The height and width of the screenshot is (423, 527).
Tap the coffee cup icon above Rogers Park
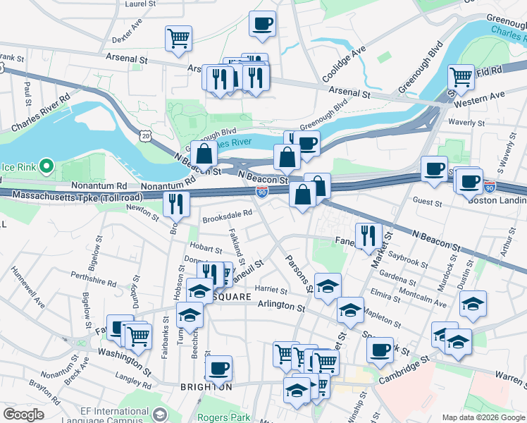tap(219, 367)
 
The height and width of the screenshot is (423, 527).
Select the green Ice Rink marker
tap(46, 166)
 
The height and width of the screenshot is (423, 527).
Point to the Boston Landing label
tap(497, 200)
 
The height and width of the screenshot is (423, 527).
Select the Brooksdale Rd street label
tap(227, 219)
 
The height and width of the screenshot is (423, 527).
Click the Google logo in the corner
tap(23, 415)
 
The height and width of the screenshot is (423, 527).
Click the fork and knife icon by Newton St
tap(176, 204)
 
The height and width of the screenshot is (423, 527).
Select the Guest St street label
tap(427, 202)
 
